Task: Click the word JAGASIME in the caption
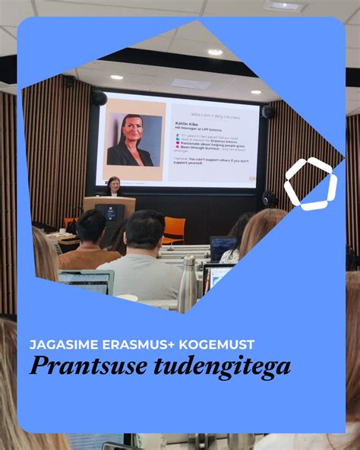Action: point(62,344)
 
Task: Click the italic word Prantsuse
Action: point(84,367)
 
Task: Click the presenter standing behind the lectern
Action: point(114,187)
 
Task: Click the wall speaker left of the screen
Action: point(99,98)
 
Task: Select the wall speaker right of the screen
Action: point(267,112)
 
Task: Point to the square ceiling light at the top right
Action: point(285,6)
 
